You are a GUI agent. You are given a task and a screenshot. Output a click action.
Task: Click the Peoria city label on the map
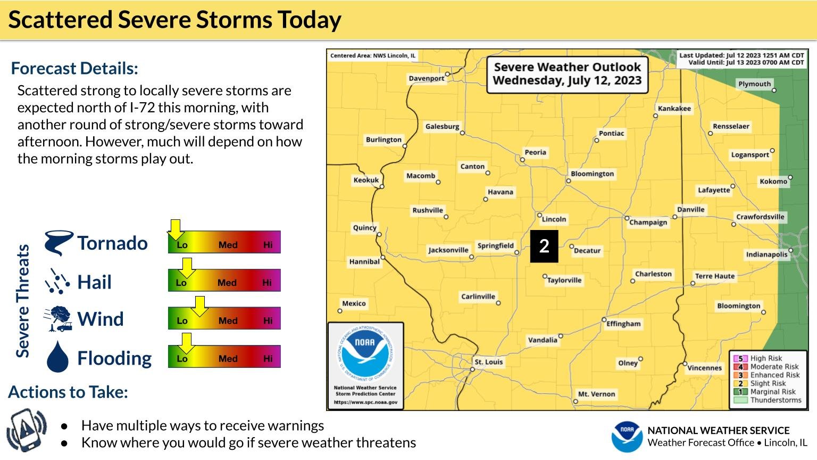(x=535, y=152)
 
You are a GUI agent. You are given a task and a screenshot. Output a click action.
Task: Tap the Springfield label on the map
(x=495, y=245)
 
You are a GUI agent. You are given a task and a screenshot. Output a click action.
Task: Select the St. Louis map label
(x=488, y=362)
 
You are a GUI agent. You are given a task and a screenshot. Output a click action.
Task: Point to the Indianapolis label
(x=766, y=254)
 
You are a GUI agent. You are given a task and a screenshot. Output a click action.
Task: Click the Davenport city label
(x=426, y=79)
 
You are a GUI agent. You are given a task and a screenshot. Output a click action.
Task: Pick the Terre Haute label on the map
(x=714, y=276)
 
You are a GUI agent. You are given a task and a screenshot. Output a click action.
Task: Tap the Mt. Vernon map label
(x=596, y=395)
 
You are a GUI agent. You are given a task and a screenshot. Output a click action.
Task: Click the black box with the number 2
(x=544, y=246)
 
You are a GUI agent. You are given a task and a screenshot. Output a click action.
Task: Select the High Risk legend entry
(x=766, y=358)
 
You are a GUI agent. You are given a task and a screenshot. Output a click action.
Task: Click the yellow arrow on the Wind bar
(x=199, y=306)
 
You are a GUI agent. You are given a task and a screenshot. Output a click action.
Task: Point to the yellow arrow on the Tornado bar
(x=175, y=229)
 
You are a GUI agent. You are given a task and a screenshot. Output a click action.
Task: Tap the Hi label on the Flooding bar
(x=268, y=359)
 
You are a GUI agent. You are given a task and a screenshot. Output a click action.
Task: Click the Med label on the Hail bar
(x=227, y=283)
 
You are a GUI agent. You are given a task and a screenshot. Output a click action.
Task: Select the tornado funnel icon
(x=58, y=243)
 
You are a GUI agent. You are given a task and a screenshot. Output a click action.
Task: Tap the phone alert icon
(x=27, y=430)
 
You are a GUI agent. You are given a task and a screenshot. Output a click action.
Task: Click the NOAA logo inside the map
(x=365, y=354)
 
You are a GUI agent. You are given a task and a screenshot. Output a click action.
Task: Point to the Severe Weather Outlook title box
(x=567, y=74)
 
